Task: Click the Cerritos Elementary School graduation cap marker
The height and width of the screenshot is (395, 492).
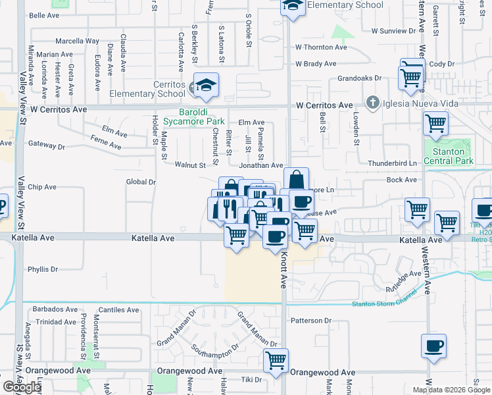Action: click(207, 84)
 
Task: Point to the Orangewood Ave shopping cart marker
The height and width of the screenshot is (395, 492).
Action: click(276, 360)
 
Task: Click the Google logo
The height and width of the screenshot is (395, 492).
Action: click(22, 387)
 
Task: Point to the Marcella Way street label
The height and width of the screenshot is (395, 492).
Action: click(77, 41)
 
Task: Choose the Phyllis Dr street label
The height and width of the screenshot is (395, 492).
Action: click(43, 269)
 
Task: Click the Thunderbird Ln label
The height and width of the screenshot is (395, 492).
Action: click(393, 163)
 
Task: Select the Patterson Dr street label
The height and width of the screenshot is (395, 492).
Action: click(310, 321)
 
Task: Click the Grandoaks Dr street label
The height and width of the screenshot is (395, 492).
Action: click(359, 78)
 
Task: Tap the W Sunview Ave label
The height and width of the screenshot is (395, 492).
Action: click(394, 31)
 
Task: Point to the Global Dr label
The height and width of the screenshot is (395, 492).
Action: click(141, 182)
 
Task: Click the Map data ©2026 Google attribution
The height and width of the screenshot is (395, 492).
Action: click(451, 390)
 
